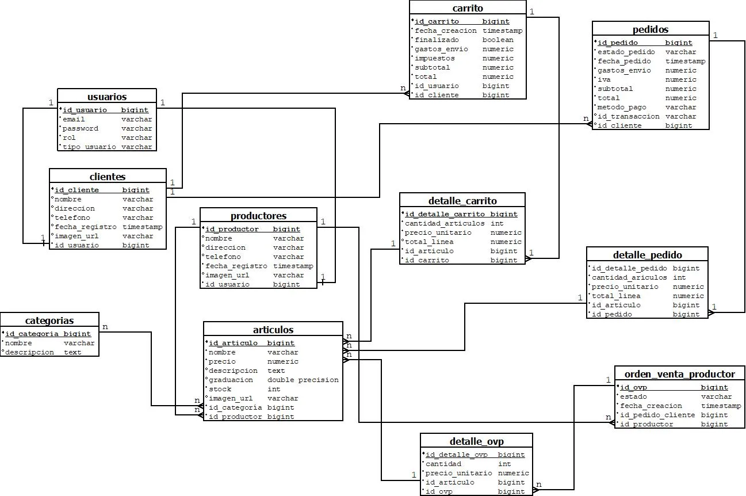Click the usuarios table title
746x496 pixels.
[x=107, y=97]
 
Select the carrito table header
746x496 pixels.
[x=468, y=8]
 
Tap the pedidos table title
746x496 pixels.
[x=650, y=29]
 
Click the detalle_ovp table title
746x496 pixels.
[x=476, y=441]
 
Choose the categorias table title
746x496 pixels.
[x=49, y=321]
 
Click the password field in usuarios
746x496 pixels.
[x=81, y=128]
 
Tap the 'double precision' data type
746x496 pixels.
[x=303, y=380]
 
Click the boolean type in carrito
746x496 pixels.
[x=498, y=40]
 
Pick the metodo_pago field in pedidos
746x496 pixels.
[x=622, y=107]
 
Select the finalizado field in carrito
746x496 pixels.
[x=437, y=40]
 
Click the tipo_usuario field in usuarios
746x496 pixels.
[x=89, y=147]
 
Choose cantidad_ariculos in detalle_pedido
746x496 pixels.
[x=629, y=277]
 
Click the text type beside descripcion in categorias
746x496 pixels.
[x=72, y=352]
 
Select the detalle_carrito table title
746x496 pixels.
[x=462, y=201]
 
